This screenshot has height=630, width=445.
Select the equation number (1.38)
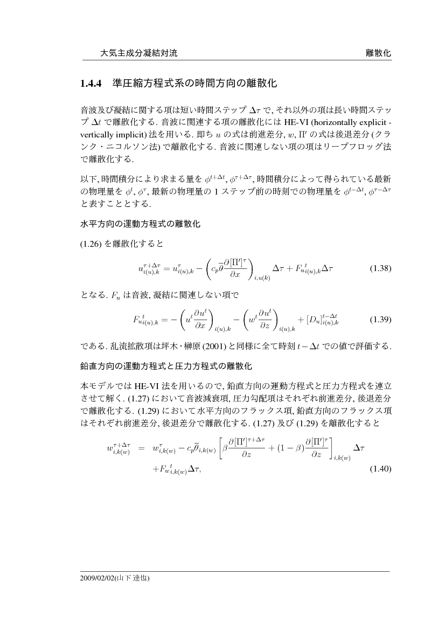click(x=380, y=268)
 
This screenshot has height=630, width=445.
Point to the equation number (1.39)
click(x=380, y=319)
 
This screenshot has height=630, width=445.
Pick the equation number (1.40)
click(x=380, y=469)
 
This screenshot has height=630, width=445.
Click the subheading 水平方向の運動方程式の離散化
click(x=140, y=224)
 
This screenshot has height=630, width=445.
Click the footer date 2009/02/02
click(x=95, y=578)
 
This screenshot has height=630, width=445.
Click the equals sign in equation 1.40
click(x=142, y=448)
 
